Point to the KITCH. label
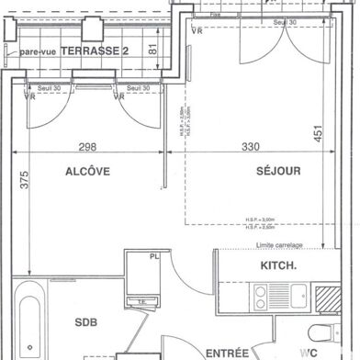click(x=279, y=266)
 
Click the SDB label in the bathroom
click(x=87, y=322)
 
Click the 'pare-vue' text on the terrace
click(x=39, y=52)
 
